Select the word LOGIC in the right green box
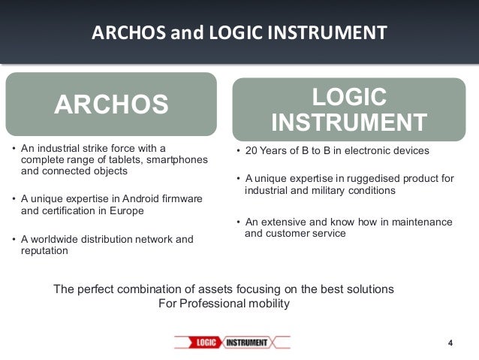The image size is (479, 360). point(349,97)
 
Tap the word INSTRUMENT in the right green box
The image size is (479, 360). point(349,122)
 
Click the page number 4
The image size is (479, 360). point(450,343)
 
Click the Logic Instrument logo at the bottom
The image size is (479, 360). point(232,343)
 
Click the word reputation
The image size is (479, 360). point(44,252)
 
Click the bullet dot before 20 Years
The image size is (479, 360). point(238,151)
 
